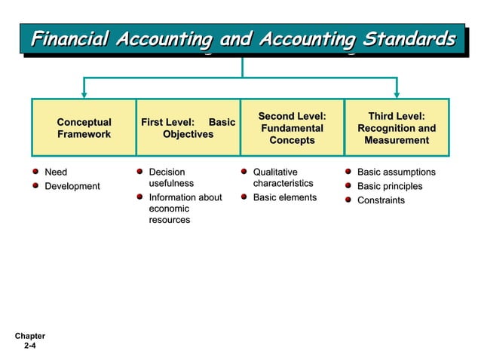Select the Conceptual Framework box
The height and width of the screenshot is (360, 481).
(x=84, y=128)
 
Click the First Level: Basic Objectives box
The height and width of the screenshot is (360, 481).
(x=188, y=128)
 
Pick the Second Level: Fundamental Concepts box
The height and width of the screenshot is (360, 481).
(x=292, y=128)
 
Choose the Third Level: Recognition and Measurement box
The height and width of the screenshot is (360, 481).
(x=397, y=128)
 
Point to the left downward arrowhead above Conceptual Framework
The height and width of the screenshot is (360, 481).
(x=84, y=93)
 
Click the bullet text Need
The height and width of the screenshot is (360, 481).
(x=56, y=172)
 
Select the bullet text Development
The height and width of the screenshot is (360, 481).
(x=72, y=186)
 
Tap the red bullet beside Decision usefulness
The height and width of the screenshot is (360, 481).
(x=139, y=172)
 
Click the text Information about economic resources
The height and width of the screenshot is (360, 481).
(x=185, y=209)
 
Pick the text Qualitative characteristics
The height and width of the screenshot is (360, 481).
(x=283, y=178)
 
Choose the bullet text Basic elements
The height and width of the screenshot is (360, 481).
(x=285, y=197)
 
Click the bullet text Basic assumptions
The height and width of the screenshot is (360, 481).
(x=396, y=172)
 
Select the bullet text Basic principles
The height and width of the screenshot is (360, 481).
(x=390, y=186)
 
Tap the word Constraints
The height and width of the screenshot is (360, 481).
(x=381, y=200)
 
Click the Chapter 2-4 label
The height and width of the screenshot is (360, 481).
(x=29, y=341)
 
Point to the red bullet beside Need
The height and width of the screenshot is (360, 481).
(x=35, y=172)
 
